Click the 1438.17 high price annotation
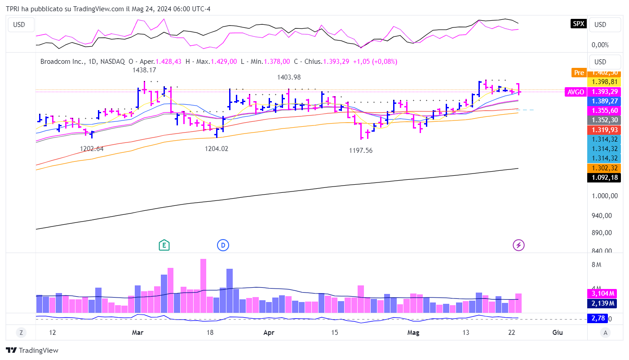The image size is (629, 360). pos(144,70)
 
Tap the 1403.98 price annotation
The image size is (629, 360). pos(289,77)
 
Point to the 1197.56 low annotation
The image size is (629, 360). pos(361,151)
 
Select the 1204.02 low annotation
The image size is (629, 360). pos(216,149)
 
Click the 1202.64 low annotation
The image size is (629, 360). pos(92,149)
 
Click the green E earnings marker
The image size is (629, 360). pos(164,245)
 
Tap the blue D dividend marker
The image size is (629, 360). pos(223,245)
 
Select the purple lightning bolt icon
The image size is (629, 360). pos(519,245)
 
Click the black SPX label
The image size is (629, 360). pos(578,24)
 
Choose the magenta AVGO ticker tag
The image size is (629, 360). pos(576,92)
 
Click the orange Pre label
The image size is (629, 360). pos(579,72)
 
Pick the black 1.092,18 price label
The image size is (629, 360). pos(604,178)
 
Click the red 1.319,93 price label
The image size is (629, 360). pos(604,129)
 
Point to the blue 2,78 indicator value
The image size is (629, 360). pos(598,319)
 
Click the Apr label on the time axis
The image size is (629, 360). pos(269,333)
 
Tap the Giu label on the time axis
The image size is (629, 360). pos(558,333)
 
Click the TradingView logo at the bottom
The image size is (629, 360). pos(32,351)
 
